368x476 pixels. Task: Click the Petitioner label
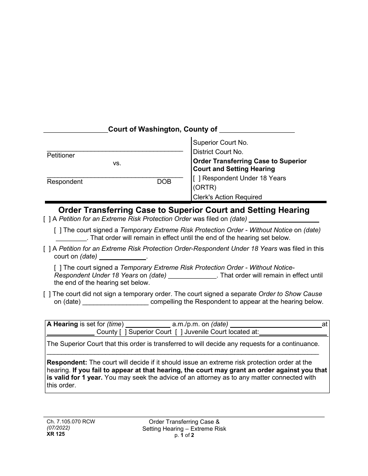pos(61,156)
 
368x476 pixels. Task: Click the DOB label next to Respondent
pos(164,182)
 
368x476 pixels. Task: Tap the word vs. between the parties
pos(117,163)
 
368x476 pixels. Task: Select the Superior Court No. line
pos(220,143)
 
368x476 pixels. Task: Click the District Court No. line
pos(218,152)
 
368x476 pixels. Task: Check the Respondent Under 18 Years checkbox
pos(197,178)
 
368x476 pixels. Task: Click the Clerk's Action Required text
pos(227,197)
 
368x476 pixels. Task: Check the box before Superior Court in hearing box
pos(123,332)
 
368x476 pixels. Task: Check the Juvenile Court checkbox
pos(179,332)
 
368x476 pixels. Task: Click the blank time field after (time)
pos(148,325)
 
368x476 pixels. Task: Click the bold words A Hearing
pos(62,324)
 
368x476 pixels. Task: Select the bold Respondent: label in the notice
pos(67,363)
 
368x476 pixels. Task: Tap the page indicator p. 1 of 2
pos(184,435)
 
